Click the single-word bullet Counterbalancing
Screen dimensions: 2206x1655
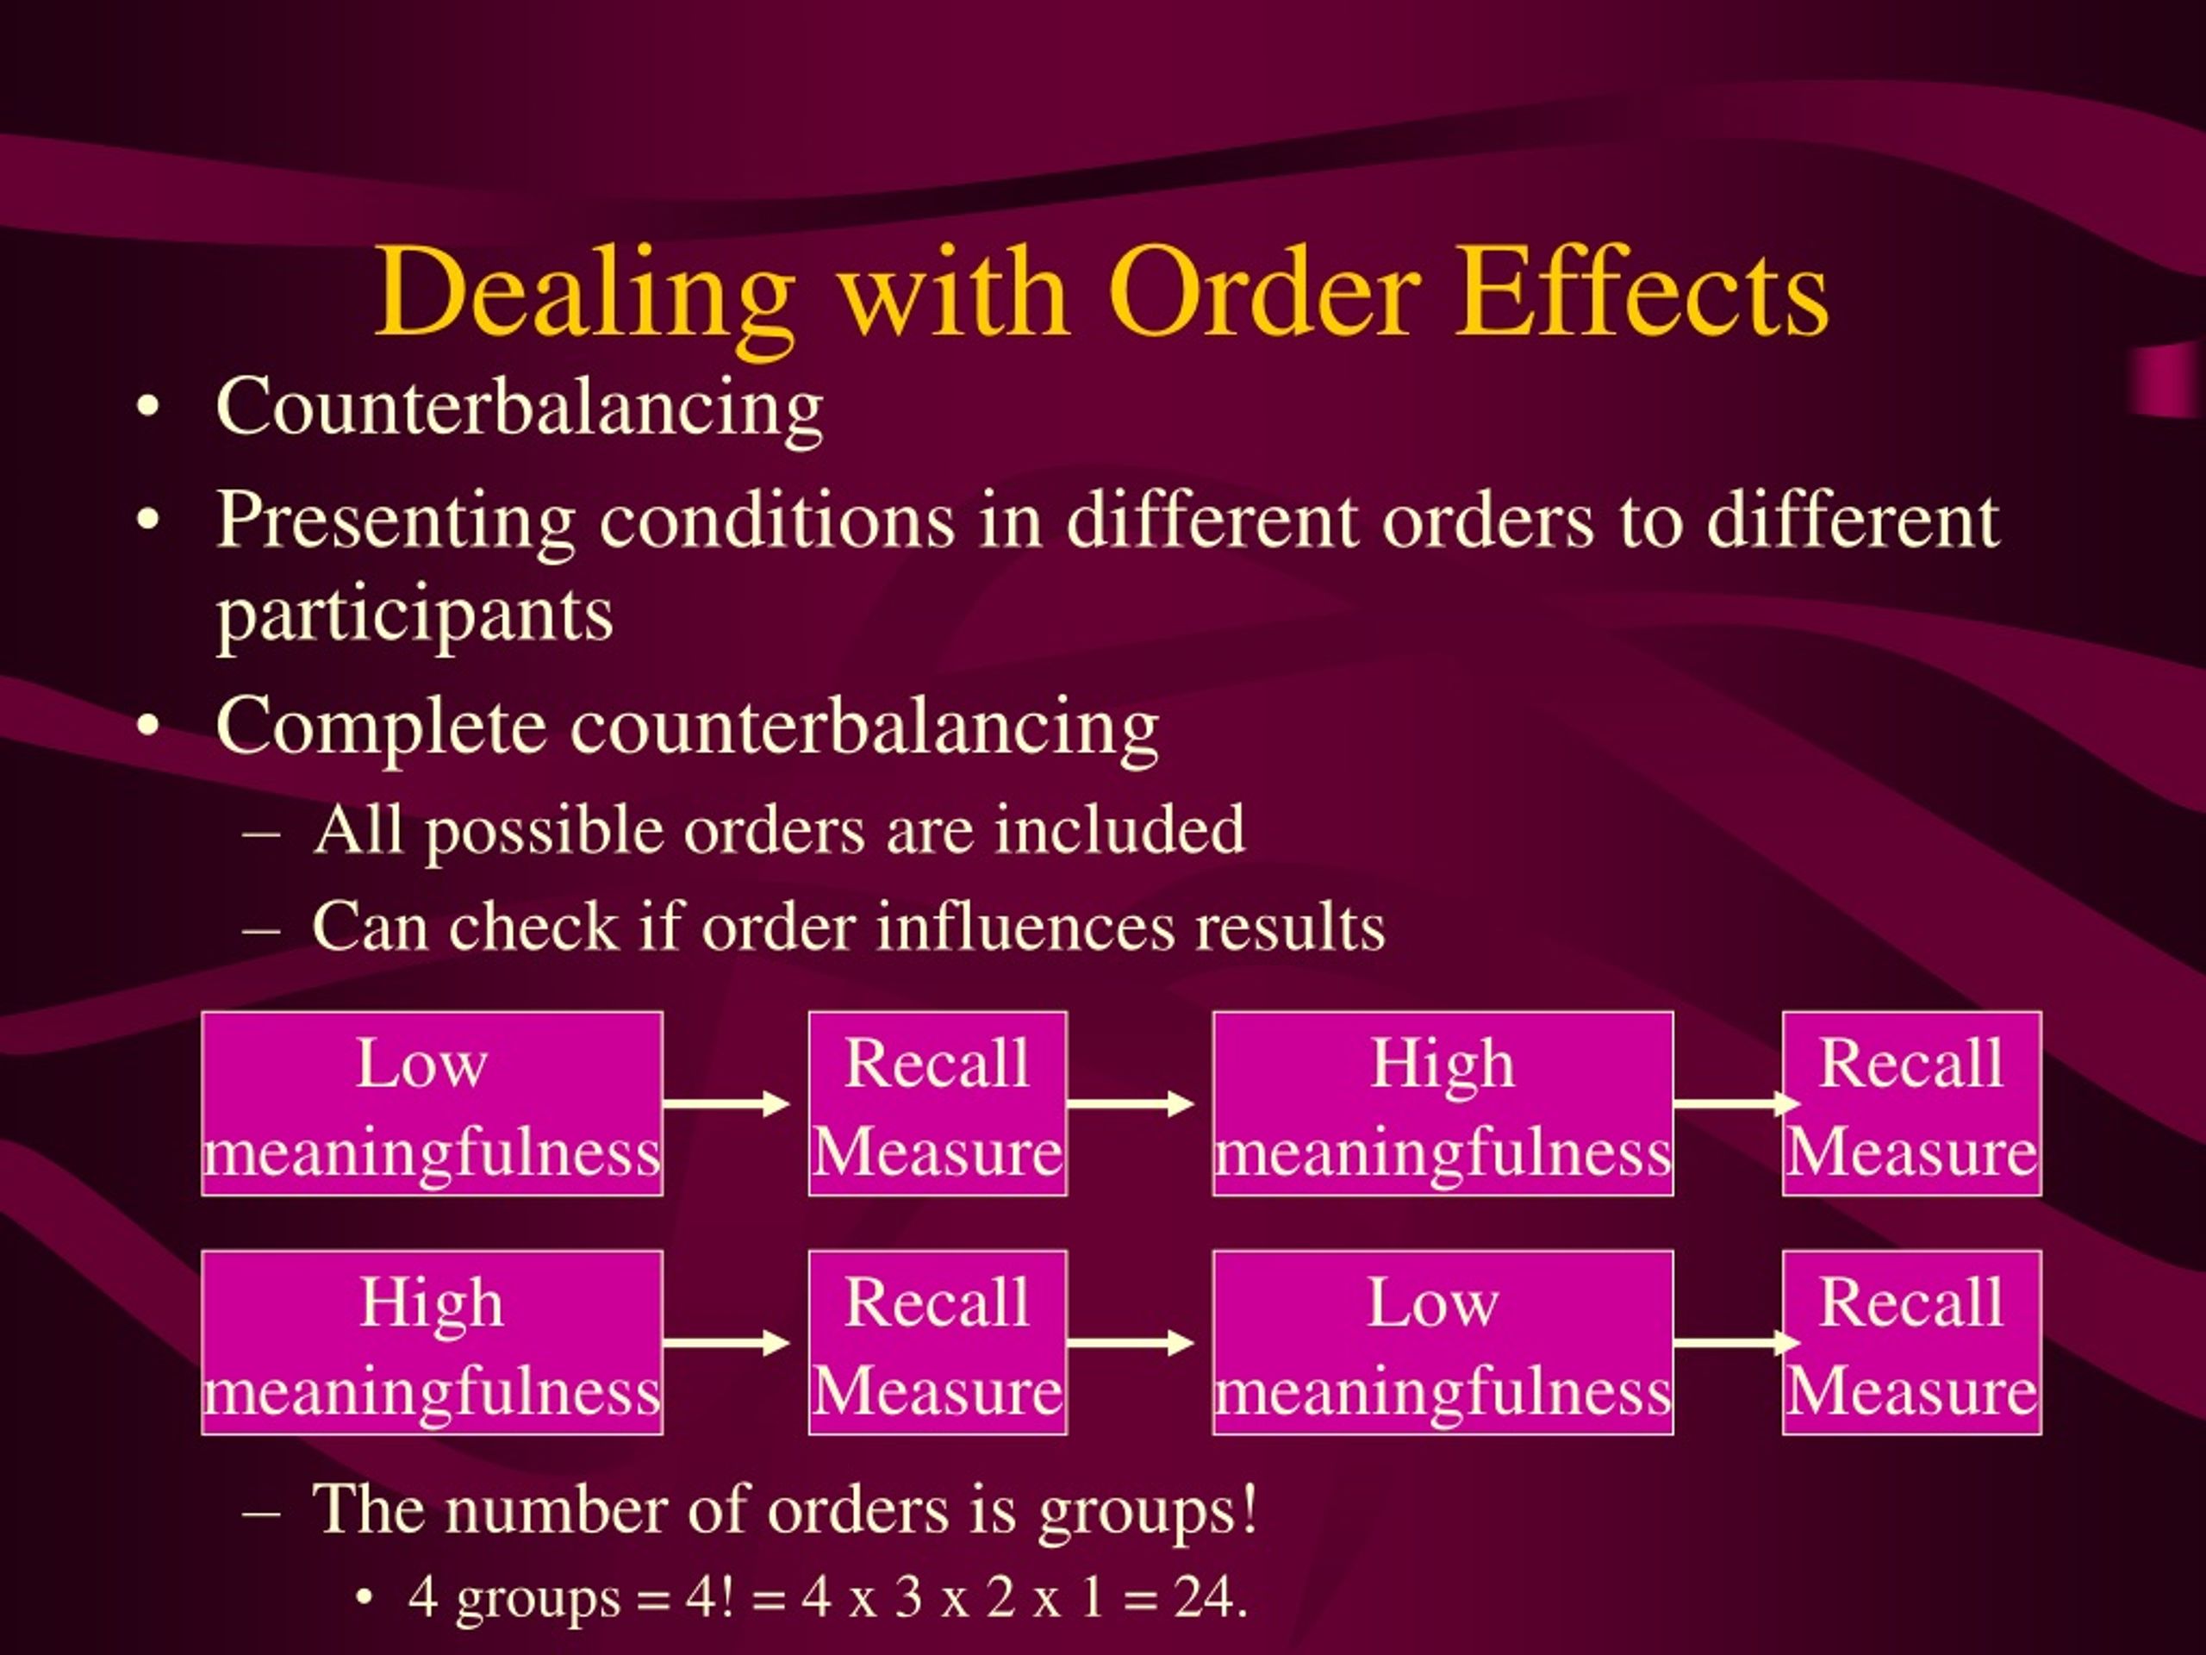pyautogui.click(x=519, y=410)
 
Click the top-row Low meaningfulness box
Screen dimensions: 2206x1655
pyautogui.click(x=432, y=1103)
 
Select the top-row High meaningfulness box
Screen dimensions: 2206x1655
pyautogui.click(x=1443, y=1103)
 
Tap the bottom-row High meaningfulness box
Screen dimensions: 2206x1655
pyautogui.click(x=432, y=1343)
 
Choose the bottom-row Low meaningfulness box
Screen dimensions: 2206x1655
pyautogui.click(x=1443, y=1343)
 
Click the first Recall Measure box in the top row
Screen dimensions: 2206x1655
pyautogui.click(x=938, y=1103)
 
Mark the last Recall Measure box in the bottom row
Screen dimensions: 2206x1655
pyautogui.click(x=1912, y=1343)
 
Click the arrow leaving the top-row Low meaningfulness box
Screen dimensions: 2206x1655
pyautogui.click(x=726, y=1103)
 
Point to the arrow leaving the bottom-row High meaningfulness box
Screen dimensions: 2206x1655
pyautogui.click(x=726, y=1343)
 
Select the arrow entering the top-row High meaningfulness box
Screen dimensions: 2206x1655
pyautogui.click(x=1130, y=1103)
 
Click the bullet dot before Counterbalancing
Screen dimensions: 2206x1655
pyautogui.click(x=148, y=410)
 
